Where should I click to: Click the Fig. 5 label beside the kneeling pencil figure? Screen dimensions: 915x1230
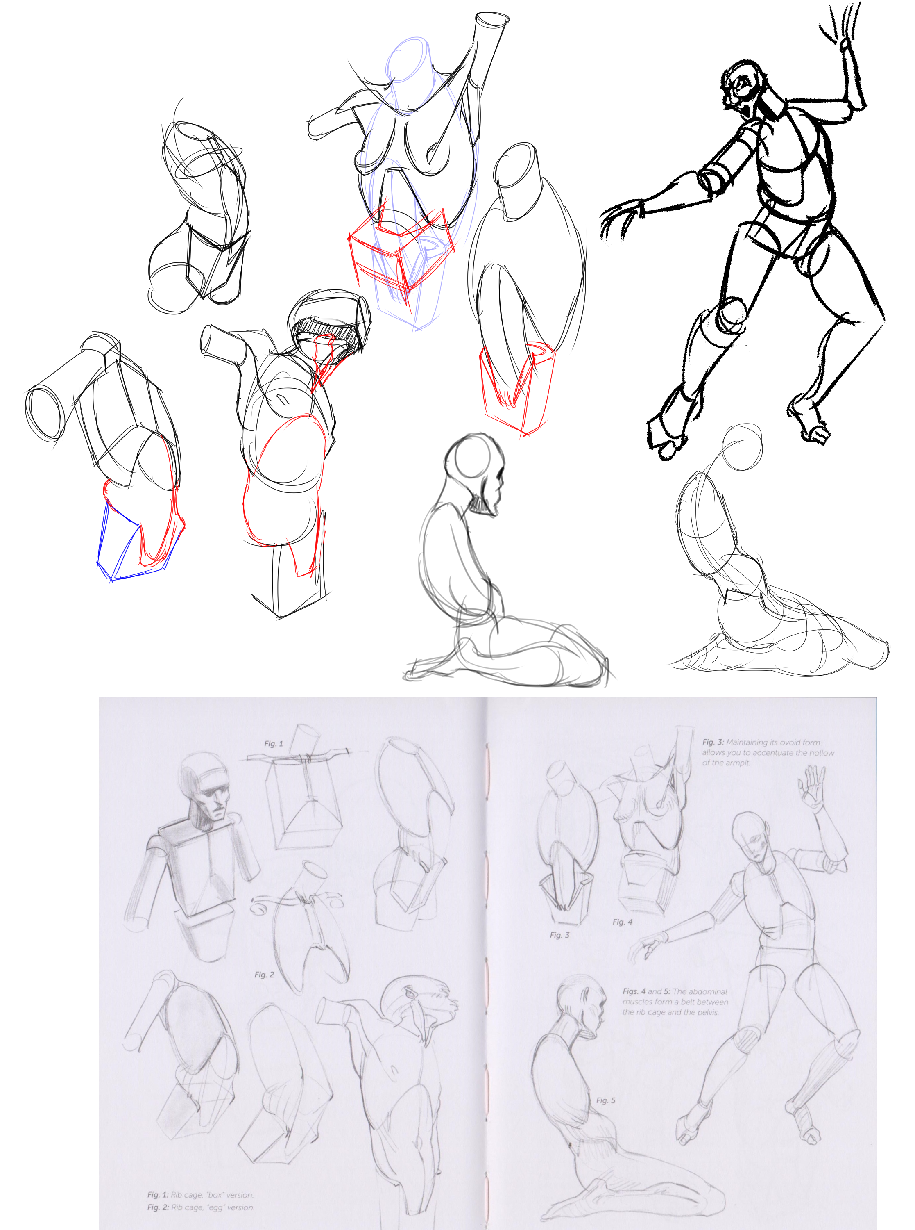click(605, 1100)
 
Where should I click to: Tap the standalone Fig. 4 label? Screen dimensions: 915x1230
click(622, 922)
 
